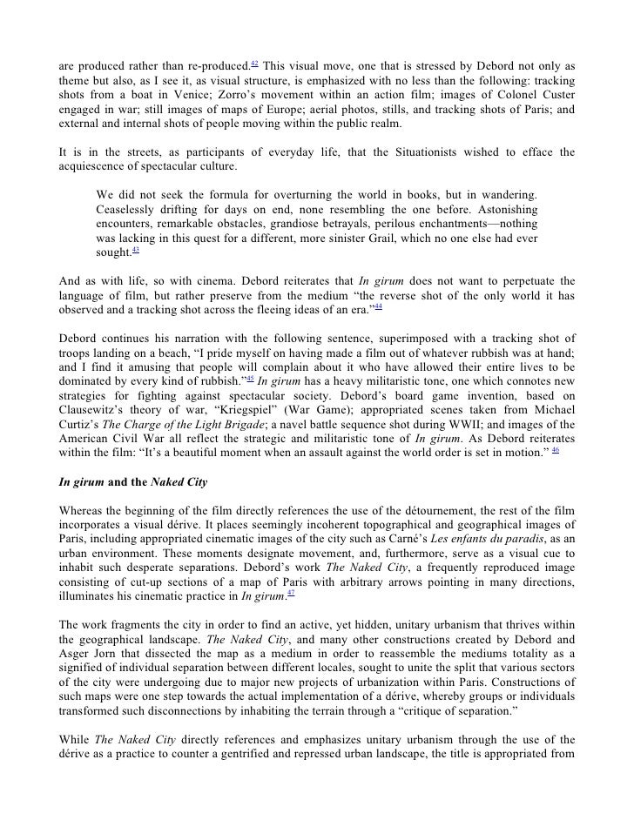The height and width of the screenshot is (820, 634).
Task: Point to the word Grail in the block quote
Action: [379, 236]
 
